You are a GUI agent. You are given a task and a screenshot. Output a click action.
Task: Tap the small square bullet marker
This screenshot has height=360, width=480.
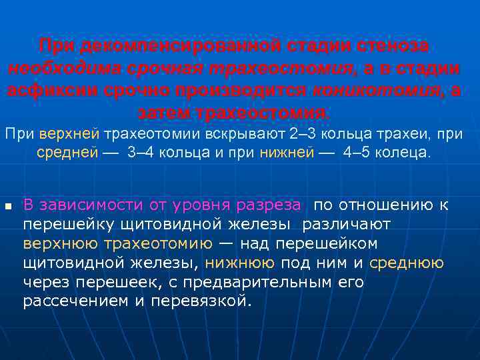point(8,206)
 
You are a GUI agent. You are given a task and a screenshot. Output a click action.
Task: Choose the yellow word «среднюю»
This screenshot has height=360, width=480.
point(406,263)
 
